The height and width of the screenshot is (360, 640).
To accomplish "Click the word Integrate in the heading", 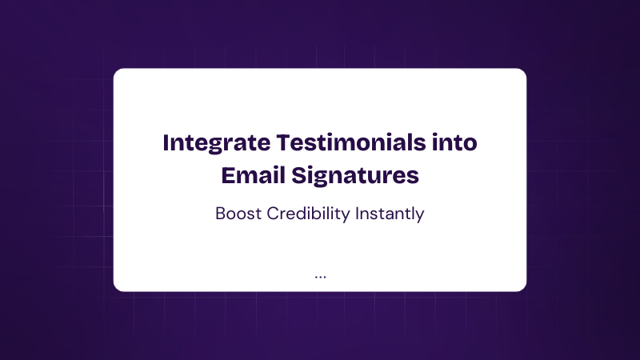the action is pos(216,144).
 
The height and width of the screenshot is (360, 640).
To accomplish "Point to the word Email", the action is pos(253,175).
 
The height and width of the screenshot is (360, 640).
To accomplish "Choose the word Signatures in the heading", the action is pos(355,176).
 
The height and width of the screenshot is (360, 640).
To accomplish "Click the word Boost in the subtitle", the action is pos(238,214).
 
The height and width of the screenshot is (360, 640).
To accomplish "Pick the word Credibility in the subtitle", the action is pos(308,214).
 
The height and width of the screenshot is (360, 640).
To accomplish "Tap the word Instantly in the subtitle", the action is pos(390,214).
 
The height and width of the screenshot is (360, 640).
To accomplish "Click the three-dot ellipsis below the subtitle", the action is pos(321,277).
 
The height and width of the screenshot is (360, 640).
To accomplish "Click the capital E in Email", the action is pos(228,175).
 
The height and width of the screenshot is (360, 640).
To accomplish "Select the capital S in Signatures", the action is pos(298,175).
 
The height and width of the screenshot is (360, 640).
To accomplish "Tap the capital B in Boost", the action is pos(221,214).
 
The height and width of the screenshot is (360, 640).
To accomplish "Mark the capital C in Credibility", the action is pos(273,214).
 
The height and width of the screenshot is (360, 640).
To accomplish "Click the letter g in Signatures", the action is pos(322,179).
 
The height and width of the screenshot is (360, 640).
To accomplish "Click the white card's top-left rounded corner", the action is pos(116,71).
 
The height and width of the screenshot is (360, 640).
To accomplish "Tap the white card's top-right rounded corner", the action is pos(524,71).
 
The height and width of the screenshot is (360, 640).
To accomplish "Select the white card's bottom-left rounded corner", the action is pos(116,289).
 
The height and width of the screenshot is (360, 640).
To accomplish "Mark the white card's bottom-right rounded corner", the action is pos(524,289).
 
